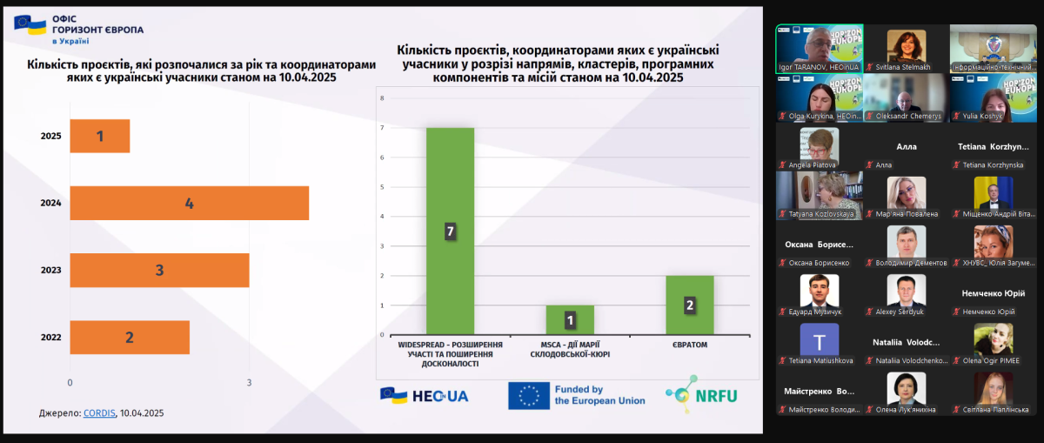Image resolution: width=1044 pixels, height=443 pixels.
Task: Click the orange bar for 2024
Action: tap(189, 204)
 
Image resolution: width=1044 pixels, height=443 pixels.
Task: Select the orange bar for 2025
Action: tap(99, 136)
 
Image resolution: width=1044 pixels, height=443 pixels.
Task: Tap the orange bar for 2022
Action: tap(129, 338)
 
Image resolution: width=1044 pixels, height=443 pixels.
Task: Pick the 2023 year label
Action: tap(50, 271)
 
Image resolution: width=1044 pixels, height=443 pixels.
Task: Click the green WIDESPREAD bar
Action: tap(450, 231)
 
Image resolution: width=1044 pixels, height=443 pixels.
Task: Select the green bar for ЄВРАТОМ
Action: tap(690, 305)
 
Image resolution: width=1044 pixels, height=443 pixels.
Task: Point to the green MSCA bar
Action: tap(570, 319)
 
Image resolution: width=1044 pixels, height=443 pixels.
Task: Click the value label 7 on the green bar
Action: tap(450, 232)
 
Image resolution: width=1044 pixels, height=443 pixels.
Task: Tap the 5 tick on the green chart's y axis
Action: tap(382, 187)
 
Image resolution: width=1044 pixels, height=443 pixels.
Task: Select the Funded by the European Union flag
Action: tap(528, 396)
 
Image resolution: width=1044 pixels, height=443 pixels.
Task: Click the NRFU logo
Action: tap(700, 394)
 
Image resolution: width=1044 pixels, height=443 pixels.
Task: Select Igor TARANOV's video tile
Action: tap(806, 48)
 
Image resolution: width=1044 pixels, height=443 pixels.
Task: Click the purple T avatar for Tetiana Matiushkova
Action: tap(819, 339)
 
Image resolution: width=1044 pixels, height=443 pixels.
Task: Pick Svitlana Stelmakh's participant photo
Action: tap(906, 44)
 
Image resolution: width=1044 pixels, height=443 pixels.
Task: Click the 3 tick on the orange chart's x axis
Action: tap(249, 382)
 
